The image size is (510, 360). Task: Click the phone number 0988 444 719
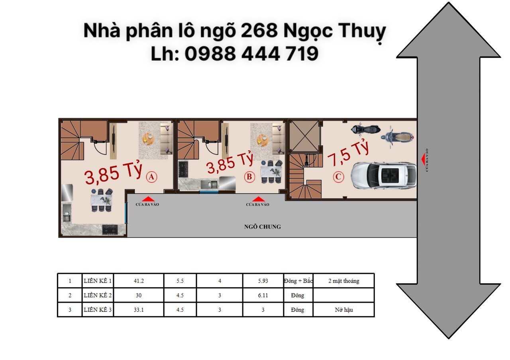(x=251, y=53)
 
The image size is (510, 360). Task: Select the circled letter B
(x=249, y=177)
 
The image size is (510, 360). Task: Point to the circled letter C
(x=338, y=176)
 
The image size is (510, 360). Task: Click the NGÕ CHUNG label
(x=262, y=227)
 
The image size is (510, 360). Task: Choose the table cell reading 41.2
(x=139, y=281)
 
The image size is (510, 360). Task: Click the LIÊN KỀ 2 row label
(x=98, y=295)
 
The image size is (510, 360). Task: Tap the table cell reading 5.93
(x=263, y=281)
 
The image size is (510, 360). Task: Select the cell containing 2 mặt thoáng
(x=343, y=281)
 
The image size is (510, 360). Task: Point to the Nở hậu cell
(x=343, y=310)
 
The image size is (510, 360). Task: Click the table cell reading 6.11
(x=263, y=295)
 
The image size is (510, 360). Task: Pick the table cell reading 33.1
(x=139, y=310)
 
